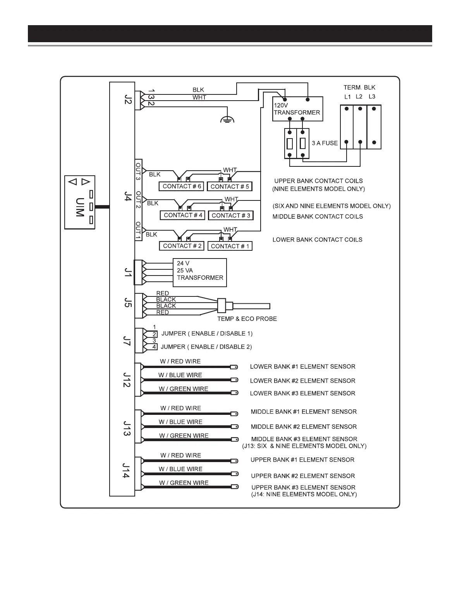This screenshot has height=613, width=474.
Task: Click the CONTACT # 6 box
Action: [x=182, y=187]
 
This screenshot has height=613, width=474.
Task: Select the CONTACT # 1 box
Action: [x=230, y=246]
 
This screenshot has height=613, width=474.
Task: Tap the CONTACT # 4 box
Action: [x=183, y=215]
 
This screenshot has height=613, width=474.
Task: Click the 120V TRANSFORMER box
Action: [x=297, y=109]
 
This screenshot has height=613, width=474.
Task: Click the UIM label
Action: [x=79, y=207]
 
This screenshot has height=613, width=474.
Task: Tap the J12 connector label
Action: [x=127, y=380]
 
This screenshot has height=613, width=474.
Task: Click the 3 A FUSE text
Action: [x=325, y=143]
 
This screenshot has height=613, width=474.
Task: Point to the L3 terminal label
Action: [x=372, y=96]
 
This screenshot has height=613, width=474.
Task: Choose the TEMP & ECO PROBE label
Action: [x=247, y=319]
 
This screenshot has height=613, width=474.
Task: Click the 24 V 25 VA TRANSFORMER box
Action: [x=199, y=273]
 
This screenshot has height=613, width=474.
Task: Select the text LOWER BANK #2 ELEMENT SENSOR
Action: [x=302, y=381]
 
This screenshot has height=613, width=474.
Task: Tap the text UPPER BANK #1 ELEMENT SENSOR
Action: [x=302, y=460]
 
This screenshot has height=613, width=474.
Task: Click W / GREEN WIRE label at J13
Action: [x=184, y=436]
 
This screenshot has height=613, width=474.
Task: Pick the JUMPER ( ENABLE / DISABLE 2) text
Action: [x=206, y=347]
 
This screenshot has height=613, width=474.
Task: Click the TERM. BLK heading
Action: [x=359, y=87]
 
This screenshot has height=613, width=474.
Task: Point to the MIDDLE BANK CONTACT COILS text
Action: [x=318, y=217]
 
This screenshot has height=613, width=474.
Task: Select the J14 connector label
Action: [x=126, y=471]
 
